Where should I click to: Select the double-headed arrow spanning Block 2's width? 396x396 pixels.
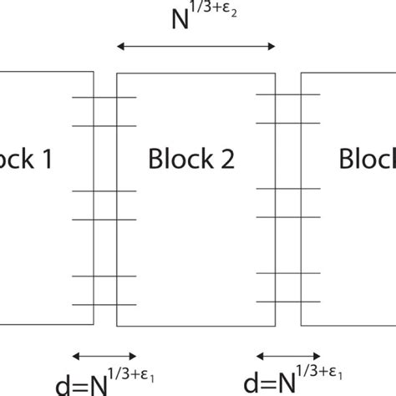[x=195, y=47]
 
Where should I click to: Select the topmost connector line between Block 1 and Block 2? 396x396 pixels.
[x=104, y=98]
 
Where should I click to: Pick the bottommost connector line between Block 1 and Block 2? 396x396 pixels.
[x=104, y=303]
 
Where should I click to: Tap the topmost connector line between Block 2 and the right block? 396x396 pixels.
[x=287, y=94]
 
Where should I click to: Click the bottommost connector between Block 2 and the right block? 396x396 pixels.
[x=287, y=302]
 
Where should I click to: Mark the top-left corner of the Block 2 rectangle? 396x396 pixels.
[x=116, y=74]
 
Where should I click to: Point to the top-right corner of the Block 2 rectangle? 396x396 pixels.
[x=276, y=74]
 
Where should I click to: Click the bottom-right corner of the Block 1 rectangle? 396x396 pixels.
[x=94, y=325]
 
